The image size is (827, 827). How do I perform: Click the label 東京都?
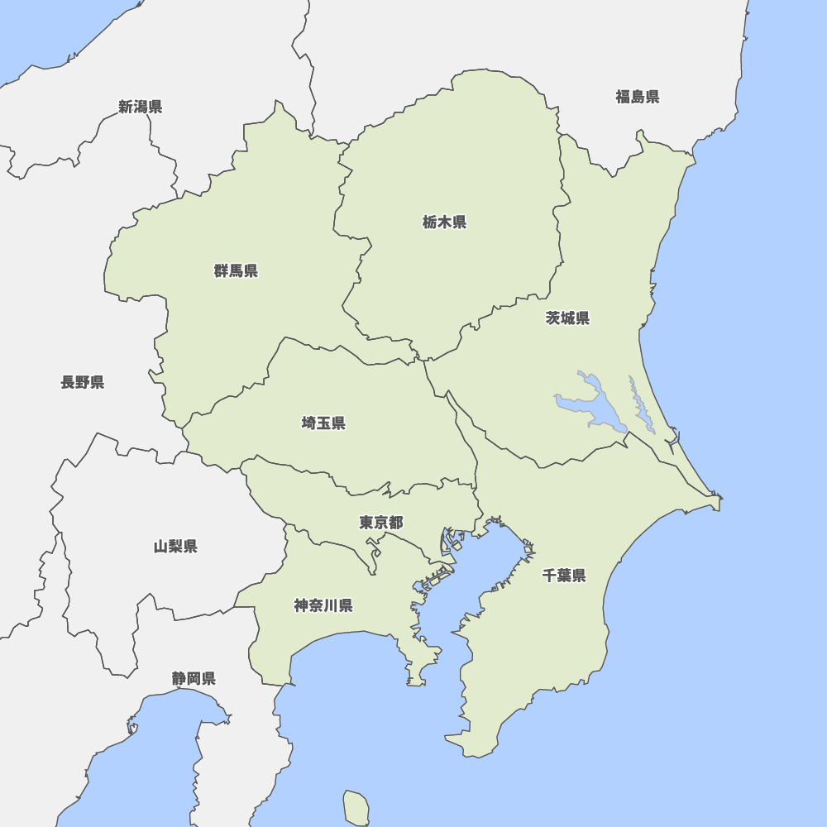381,523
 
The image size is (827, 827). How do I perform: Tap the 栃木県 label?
444,222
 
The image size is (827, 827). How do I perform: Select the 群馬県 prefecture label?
236,270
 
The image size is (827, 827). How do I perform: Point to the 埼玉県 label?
323,423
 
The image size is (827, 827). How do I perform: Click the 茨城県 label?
567,318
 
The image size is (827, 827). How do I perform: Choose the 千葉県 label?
564,576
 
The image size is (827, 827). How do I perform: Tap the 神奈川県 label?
323,605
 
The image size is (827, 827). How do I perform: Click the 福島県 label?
637,97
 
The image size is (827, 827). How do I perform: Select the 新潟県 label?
140,107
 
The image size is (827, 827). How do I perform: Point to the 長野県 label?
83,382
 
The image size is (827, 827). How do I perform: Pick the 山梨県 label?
175,546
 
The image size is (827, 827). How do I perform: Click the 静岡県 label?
194,678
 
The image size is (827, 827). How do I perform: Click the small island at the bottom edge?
356,807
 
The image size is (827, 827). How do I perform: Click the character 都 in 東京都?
396,523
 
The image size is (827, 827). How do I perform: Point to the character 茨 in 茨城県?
552,318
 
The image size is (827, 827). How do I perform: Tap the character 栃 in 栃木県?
429,222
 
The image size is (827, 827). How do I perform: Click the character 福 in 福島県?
622,97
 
